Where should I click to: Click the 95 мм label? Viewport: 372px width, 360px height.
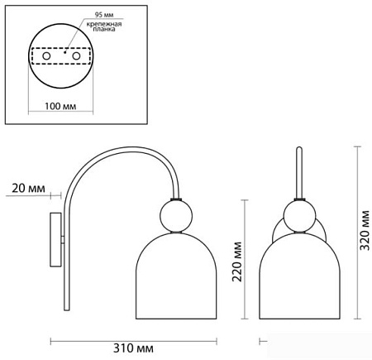click(104, 15)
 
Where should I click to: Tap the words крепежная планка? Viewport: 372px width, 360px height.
click(104, 26)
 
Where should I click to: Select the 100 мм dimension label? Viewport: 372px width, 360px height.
click(60, 106)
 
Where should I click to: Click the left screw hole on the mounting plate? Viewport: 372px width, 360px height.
click(46, 56)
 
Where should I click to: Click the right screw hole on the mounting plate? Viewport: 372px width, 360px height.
click(76, 56)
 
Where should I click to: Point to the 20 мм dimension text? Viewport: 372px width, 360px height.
click(28, 189)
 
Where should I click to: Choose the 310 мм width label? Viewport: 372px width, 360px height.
click(133, 348)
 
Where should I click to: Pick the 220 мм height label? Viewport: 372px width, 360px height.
click(237, 262)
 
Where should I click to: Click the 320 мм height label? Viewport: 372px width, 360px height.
click(365, 230)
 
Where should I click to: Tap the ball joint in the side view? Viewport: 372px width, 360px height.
click(176, 216)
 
